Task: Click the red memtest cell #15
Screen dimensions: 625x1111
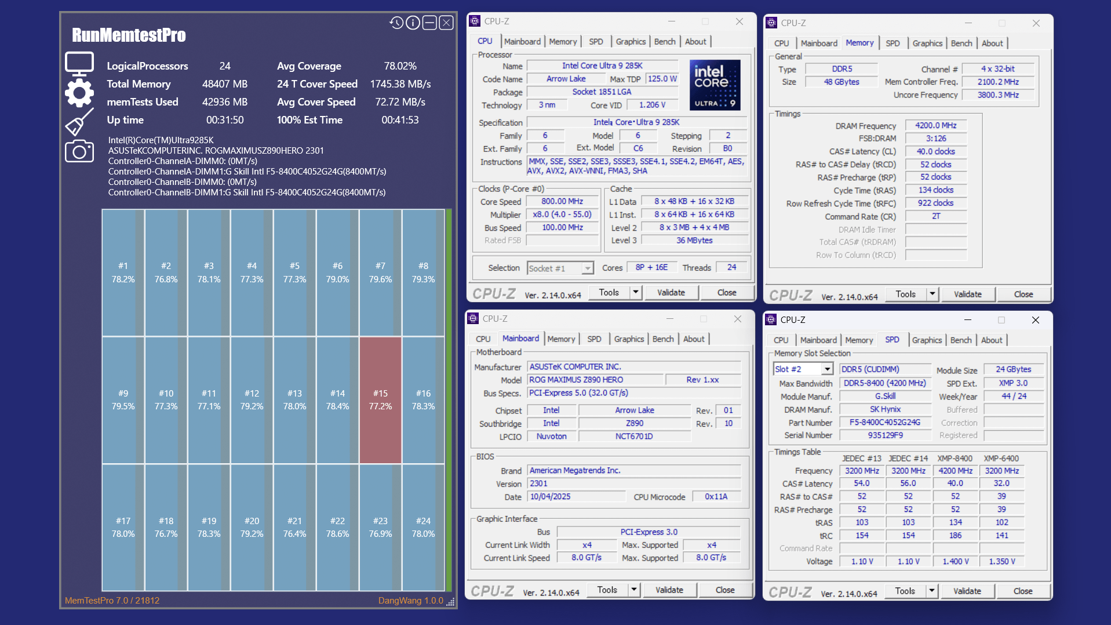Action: pyautogui.click(x=380, y=400)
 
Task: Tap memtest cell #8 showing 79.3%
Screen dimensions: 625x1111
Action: pyautogui.click(x=423, y=272)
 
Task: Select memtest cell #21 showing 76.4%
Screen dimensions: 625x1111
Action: pyautogui.click(x=294, y=527)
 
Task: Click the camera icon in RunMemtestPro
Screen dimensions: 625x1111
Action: pyautogui.click(x=79, y=151)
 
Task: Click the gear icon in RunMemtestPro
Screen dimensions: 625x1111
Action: pyautogui.click(x=79, y=93)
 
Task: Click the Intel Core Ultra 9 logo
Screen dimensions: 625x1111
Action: pyautogui.click(x=715, y=85)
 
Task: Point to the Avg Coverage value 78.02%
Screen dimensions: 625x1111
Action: pyautogui.click(x=400, y=66)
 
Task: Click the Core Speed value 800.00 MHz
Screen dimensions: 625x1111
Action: pyautogui.click(x=562, y=201)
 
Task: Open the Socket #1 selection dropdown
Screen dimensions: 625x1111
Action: pyautogui.click(x=560, y=268)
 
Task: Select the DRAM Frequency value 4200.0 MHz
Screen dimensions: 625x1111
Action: pyautogui.click(x=935, y=126)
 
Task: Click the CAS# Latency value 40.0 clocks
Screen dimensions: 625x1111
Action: pyautogui.click(x=935, y=151)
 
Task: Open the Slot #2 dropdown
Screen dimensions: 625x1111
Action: pyautogui.click(x=803, y=369)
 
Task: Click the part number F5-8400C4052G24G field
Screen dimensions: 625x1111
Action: pyautogui.click(x=884, y=423)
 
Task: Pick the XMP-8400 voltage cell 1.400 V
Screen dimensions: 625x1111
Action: pyautogui.click(x=955, y=561)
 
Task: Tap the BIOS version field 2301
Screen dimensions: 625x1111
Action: pyautogui.click(x=634, y=484)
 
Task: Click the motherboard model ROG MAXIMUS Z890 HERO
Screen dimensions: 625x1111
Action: pyautogui.click(x=595, y=380)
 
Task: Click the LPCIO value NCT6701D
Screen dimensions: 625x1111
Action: pyautogui.click(x=634, y=437)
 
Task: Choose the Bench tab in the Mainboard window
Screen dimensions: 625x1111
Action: pyautogui.click(x=663, y=339)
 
